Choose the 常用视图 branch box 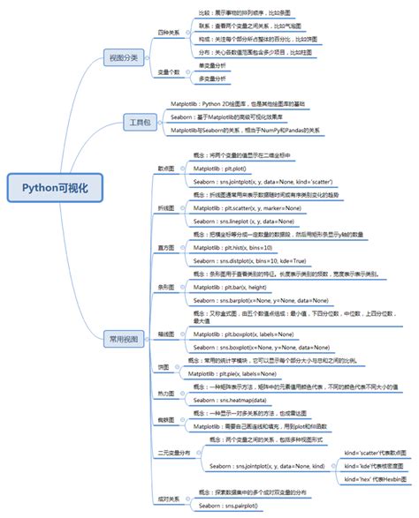124,338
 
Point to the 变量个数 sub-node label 169,71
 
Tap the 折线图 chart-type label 165,206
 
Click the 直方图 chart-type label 165,248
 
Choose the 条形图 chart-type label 165,287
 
